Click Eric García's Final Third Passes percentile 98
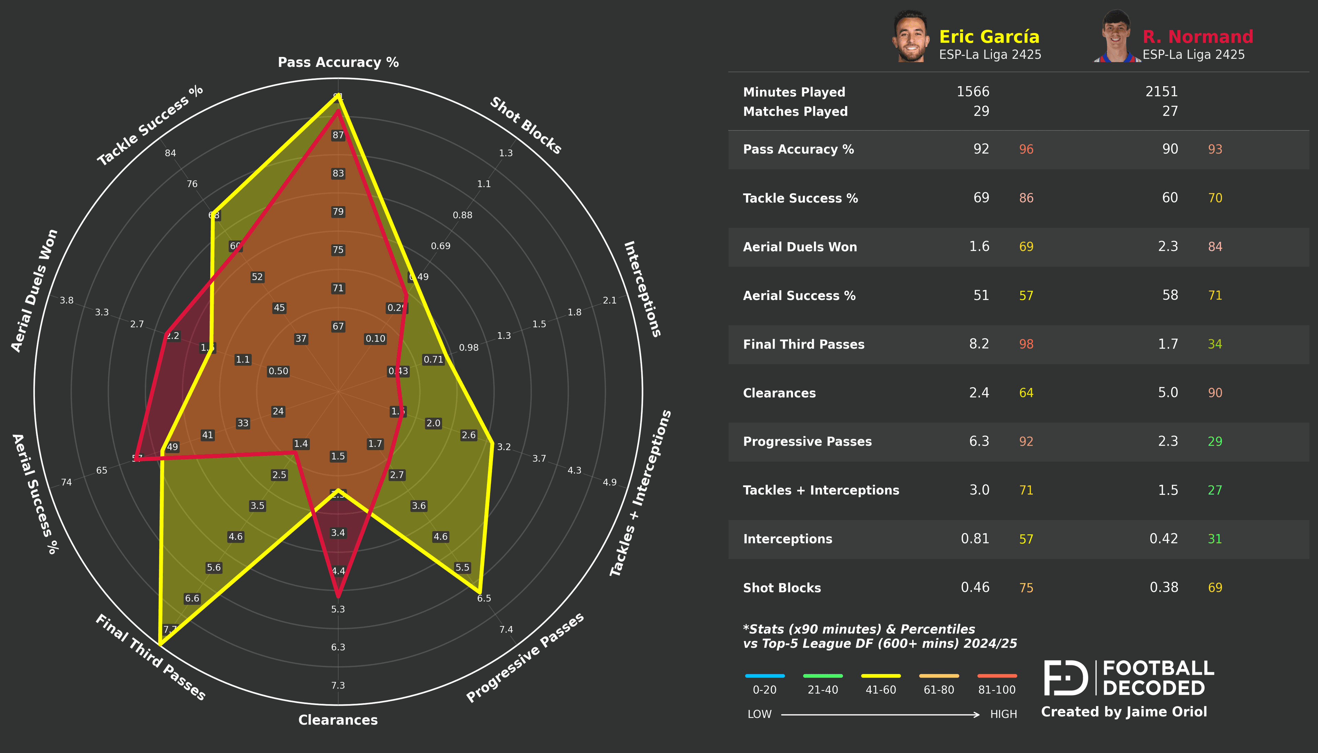(x=1026, y=344)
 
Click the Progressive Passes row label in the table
(x=807, y=442)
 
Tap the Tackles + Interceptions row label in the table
(x=821, y=490)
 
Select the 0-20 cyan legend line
(x=764, y=676)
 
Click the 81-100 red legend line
(x=997, y=676)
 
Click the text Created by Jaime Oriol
(x=1123, y=712)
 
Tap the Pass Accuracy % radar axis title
(x=338, y=62)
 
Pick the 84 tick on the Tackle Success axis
(x=170, y=153)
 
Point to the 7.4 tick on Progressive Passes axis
(x=506, y=630)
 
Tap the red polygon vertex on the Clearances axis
(x=338, y=596)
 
